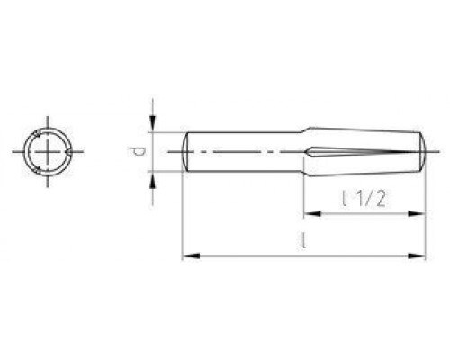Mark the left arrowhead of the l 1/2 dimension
pos(307,214)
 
